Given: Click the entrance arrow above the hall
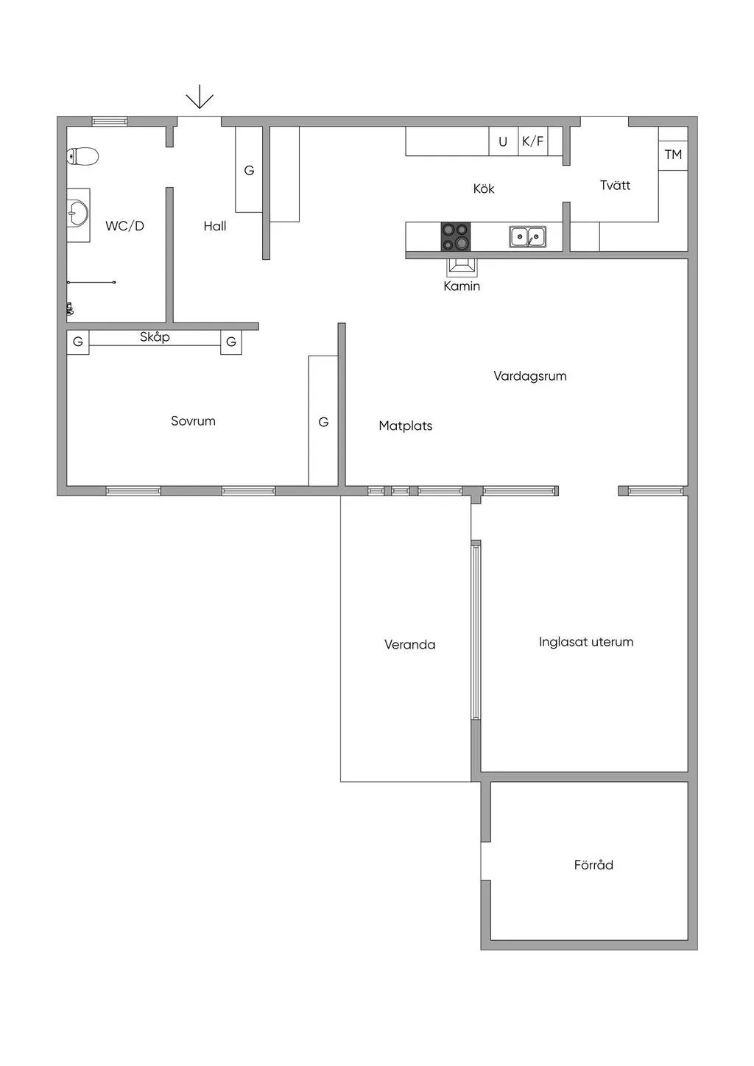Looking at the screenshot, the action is [x=200, y=96].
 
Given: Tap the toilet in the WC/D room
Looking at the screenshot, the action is [x=82, y=156].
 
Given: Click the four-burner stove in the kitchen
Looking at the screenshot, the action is [x=456, y=236].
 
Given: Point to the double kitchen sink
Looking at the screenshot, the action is [x=527, y=236].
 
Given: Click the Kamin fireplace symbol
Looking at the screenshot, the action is [x=461, y=267].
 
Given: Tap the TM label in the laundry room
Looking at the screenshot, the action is [x=673, y=154].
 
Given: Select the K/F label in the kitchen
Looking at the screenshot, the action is [x=532, y=141].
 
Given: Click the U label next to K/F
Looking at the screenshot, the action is [x=503, y=141].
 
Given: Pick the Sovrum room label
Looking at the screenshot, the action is [x=193, y=420].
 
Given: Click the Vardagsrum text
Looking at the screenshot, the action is [x=530, y=376].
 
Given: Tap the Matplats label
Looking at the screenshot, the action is [x=406, y=426].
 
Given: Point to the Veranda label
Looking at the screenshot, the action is [x=410, y=644].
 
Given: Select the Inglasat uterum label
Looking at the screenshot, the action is [x=586, y=641].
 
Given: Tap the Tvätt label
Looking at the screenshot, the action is [x=615, y=185].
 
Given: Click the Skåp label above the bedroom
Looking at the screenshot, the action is [x=155, y=337].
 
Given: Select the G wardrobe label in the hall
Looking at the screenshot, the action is [x=249, y=170].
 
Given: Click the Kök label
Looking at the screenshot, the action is [x=484, y=188].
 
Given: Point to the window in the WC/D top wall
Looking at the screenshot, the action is [x=110, y=121].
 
